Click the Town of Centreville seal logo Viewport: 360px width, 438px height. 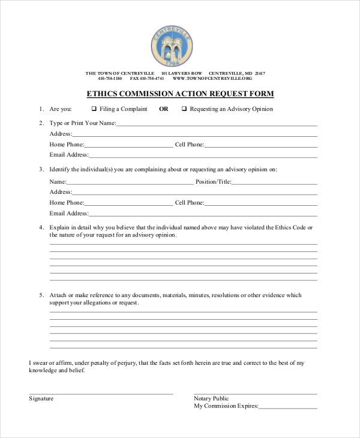point(172,46)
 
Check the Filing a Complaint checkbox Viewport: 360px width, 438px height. point(94,109)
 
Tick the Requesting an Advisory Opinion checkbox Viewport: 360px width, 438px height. point(184,109)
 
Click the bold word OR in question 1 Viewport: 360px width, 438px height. point(164,109)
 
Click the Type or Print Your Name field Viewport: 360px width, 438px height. point(216,125)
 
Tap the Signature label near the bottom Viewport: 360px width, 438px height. point(41,398)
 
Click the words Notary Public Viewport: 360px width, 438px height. point(211,398)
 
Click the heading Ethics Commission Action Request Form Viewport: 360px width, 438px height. point(180,94)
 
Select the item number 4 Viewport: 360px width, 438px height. point(41,227)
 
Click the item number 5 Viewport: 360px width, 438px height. point(41,295)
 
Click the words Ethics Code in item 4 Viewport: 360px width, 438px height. point(290,227)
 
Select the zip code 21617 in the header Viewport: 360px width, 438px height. point(259,73)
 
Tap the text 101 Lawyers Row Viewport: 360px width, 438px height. point(182,73)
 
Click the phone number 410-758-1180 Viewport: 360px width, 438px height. point(110,79)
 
